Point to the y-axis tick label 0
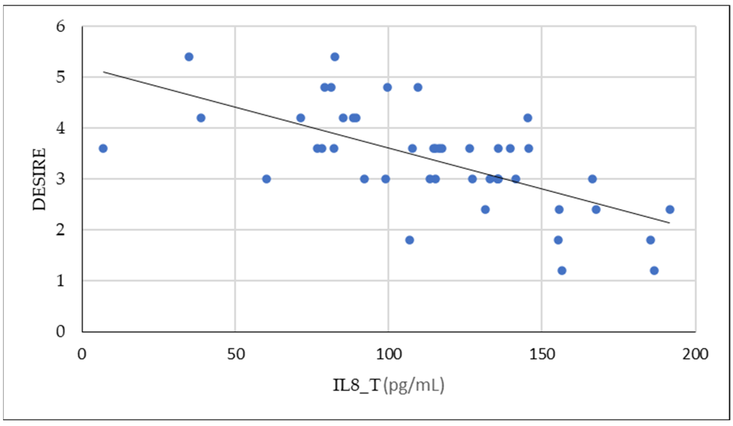61,331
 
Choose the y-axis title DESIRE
39,179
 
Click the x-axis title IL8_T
357,385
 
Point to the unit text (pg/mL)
414,385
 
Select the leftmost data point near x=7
103,148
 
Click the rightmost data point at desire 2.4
670,210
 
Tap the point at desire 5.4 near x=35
189,57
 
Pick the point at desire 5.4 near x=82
335,57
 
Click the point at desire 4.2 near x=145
528,118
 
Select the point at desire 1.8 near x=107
409,240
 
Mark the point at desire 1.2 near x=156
562,271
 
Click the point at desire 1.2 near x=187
654,271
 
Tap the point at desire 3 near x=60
266,179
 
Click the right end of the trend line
670,223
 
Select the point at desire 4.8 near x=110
418,87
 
